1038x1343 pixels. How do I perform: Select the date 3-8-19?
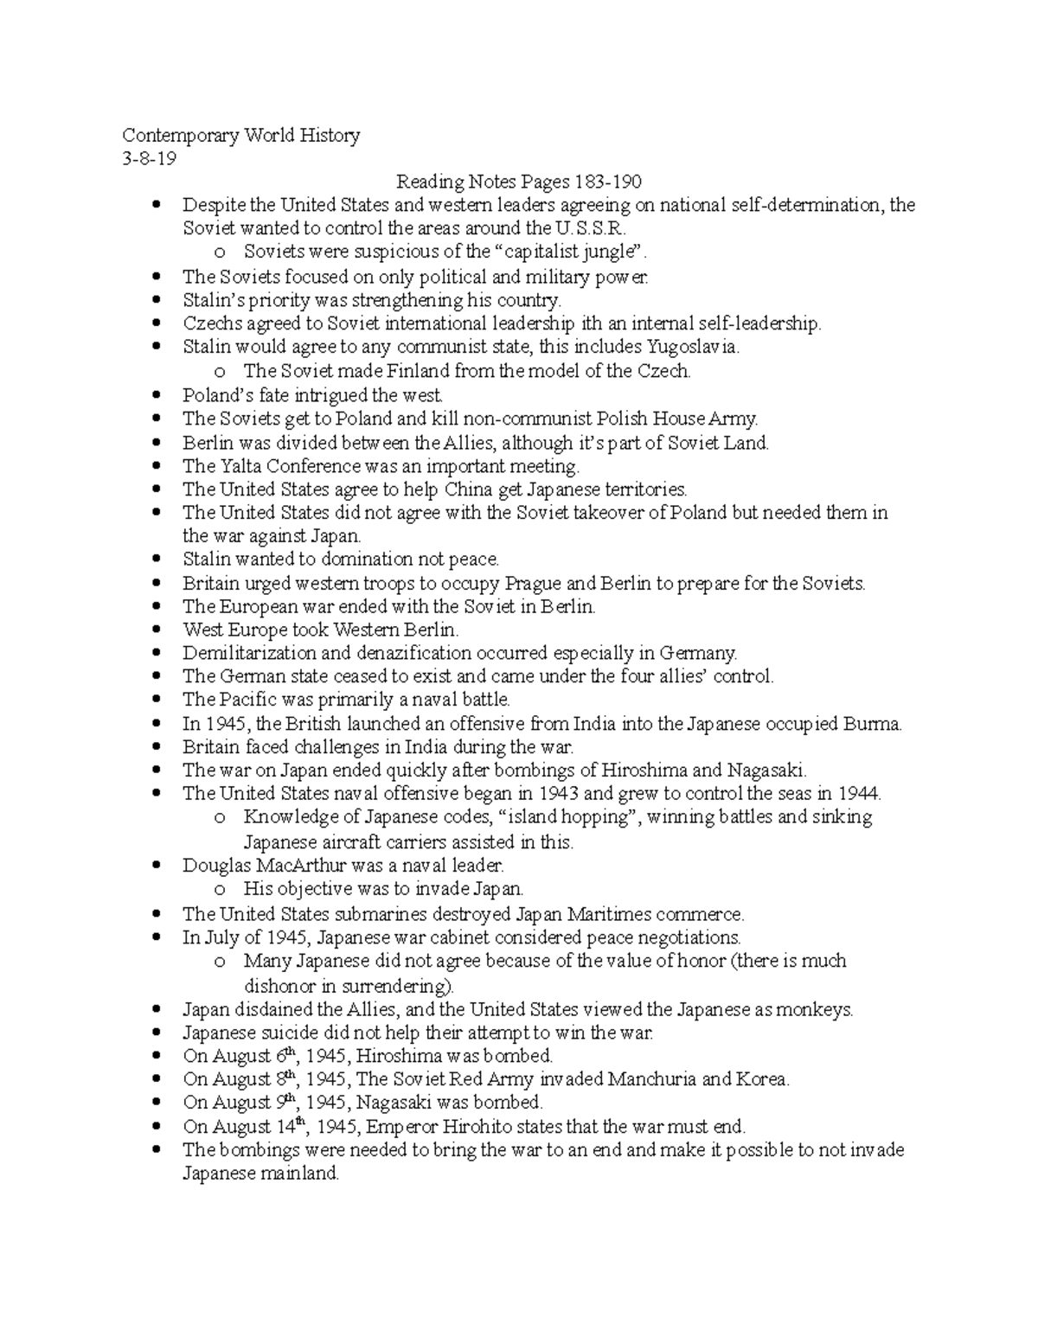(x=148, y=159)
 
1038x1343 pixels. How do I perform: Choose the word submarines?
(x=378, y=914)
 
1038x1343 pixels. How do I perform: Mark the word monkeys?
(x=814, y=1010)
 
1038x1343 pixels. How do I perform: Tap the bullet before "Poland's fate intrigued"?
(x=157, y=396)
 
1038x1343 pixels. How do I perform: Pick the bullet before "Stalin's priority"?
(x=157, y=301)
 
